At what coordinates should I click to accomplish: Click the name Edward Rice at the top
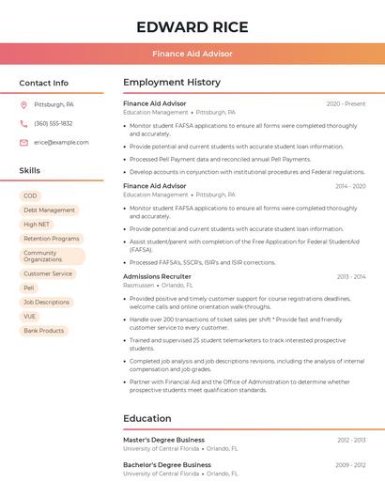pos(192,26)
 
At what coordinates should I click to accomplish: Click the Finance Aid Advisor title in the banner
pos(192,54)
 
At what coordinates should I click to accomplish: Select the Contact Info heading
pos(44,83)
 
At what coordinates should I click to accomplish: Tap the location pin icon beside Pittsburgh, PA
pos(23,104)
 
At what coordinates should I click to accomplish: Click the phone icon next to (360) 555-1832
pos(23,123)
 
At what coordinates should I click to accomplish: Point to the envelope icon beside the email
pos(23,143)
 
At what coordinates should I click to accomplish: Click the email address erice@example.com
pos(61,143)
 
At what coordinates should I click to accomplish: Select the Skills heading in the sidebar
pos(30,171)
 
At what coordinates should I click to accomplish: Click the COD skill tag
pos(30,195)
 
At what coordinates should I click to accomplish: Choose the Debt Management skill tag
pos(49,210)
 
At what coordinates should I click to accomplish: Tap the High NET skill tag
pos(37,225)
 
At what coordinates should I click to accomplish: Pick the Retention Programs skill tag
pos(52,239)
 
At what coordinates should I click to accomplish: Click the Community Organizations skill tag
pos(43,257)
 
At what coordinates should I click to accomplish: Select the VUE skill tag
pos(30,317)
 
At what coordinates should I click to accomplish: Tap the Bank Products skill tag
pos(44,331)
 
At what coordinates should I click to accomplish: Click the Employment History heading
pos(172,83)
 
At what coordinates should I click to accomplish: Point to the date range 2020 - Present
pos(346,103)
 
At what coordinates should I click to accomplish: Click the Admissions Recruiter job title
pos(157,276)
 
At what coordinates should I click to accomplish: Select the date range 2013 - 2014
pos(351,277)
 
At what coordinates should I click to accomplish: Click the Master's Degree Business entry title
pos(163,440)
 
